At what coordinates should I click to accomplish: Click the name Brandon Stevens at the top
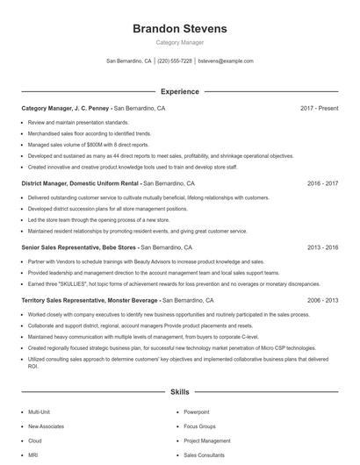click(179, 28)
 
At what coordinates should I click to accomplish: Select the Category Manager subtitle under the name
click(179, 42)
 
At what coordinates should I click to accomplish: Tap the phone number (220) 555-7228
click(175, 61)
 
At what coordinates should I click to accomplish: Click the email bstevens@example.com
click(226, 61)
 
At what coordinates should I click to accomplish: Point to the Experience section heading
click(179, 91)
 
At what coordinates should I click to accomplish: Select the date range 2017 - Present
click(319, 109)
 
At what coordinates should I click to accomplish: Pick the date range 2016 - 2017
click(322, 184)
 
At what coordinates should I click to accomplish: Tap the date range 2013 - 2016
click(322, 248)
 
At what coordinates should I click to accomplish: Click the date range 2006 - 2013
click(322, 301)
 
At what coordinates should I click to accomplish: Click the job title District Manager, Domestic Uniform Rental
click(80, 184)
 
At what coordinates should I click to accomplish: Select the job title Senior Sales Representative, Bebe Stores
click(79, 248)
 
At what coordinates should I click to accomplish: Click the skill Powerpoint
click(197, 411)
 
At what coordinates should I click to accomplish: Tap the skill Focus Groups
click(199, 426)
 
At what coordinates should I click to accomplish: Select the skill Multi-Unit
click(40, 411)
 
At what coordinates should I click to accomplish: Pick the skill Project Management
click(206, 440)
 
